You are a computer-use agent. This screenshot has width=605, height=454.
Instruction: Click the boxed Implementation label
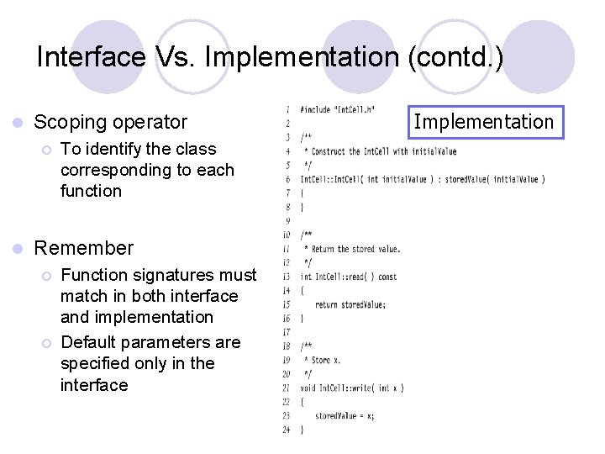pyautogui.click(x=484, y=122)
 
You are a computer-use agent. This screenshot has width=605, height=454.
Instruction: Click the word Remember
pyautogui.click(x=83, y=248)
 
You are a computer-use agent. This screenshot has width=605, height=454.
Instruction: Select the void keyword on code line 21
pyautogui.click(x=308, y=388)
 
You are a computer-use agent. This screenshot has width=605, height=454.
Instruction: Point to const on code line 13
pyautogui.click(x=387, y=277)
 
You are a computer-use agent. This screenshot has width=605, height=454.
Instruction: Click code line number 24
pyautogui.click(x=287, y=429)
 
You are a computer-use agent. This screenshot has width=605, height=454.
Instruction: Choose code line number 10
pyautogui.click(x=287, y=235)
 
